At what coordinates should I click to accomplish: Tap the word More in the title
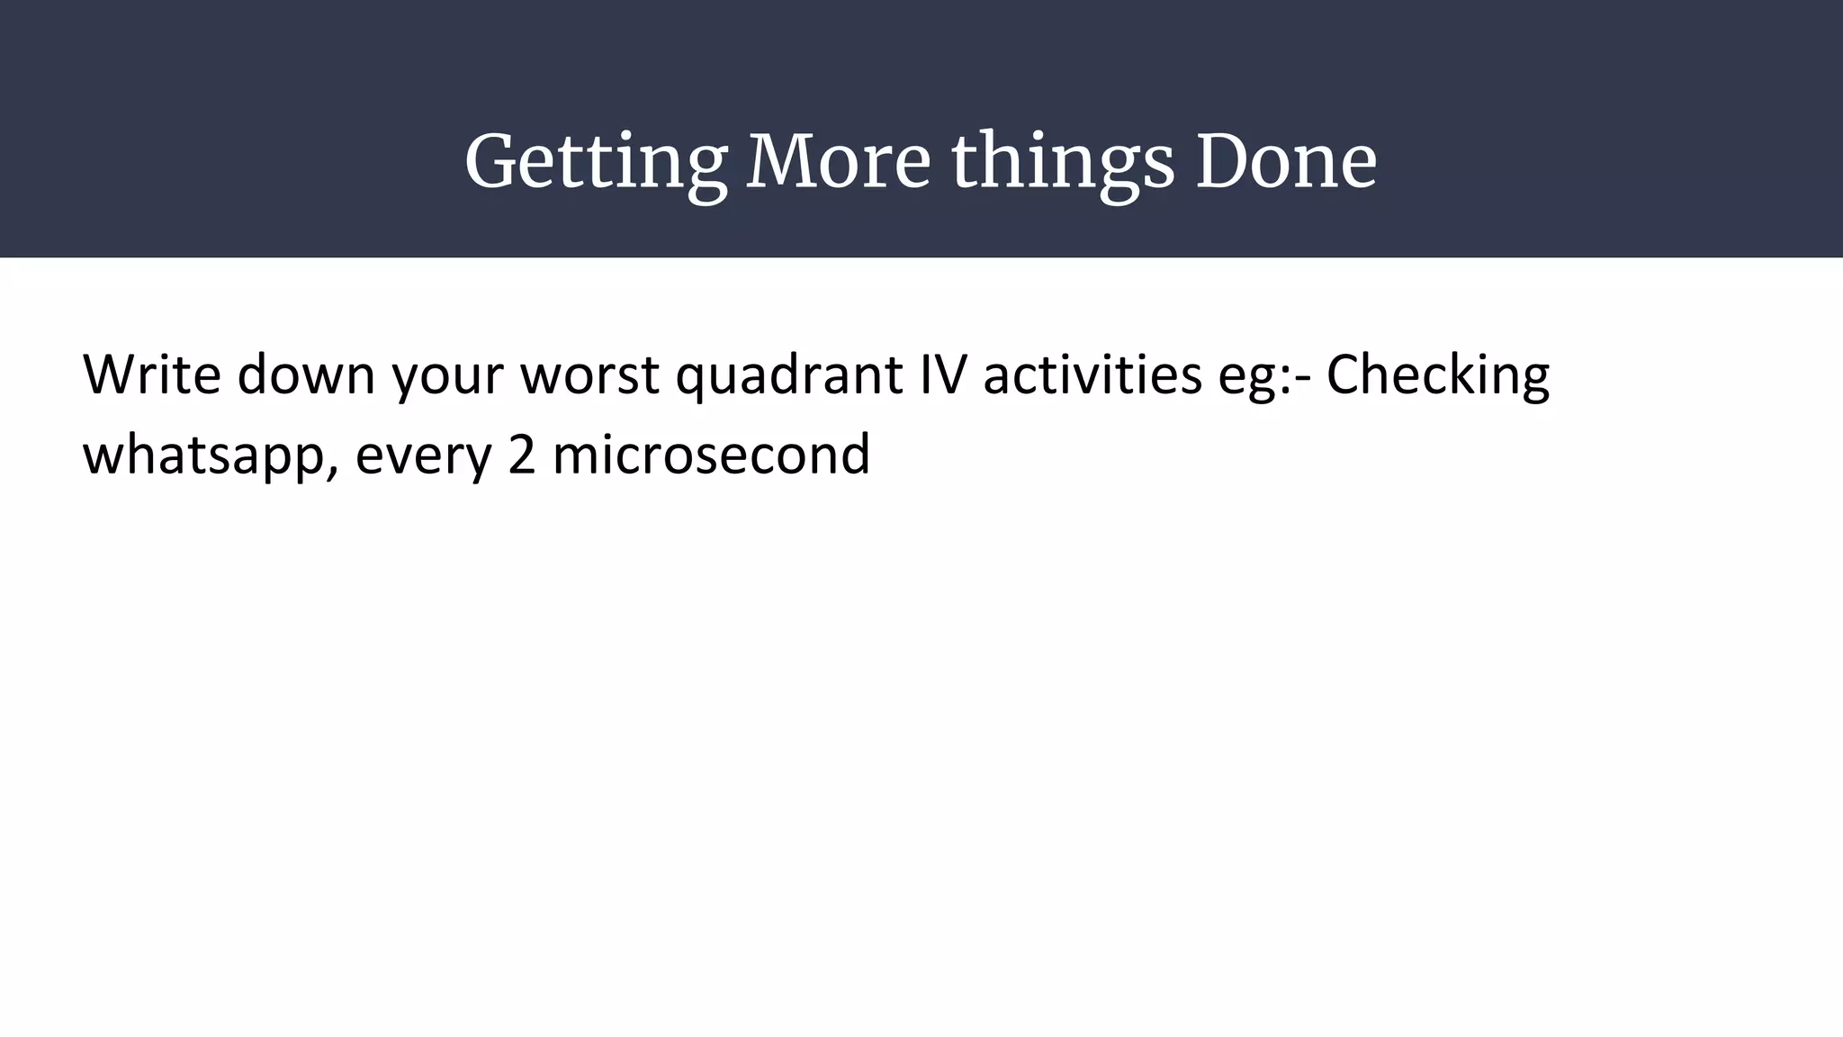[838, 163]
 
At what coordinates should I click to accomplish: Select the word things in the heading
[1063, 163]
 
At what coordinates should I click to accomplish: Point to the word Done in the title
[1286, 163]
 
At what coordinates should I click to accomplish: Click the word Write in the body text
[151, 374]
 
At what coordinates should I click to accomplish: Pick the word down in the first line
[306, 374]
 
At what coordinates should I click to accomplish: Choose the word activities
[1092, 374]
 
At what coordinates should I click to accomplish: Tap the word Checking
[1437, 376]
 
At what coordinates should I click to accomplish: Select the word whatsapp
[205, 455]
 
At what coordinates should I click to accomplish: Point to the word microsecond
[711, 454]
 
